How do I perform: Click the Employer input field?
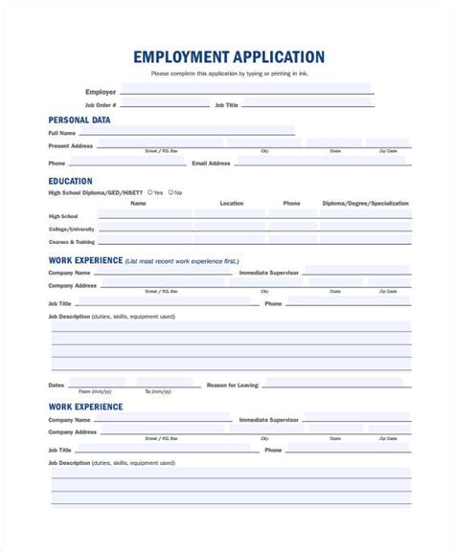(x=246, y=91)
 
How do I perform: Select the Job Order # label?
(x=100, y=104)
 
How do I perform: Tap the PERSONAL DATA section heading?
(x=79, y=121)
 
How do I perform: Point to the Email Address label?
(x=211, y=164)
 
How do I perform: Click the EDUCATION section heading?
(x=71, y=181)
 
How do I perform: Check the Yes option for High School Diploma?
(x=151, y=192)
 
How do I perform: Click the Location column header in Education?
(x=231, y=203)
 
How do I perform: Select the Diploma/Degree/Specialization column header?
(x=365, y=203)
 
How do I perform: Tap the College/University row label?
(x=72, y=230)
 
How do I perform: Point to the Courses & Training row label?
(x=71, y=243)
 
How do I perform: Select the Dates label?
(x=57, y=385)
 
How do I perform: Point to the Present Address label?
(x=71, y=145)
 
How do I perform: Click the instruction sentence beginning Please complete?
(x=229, y=74)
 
